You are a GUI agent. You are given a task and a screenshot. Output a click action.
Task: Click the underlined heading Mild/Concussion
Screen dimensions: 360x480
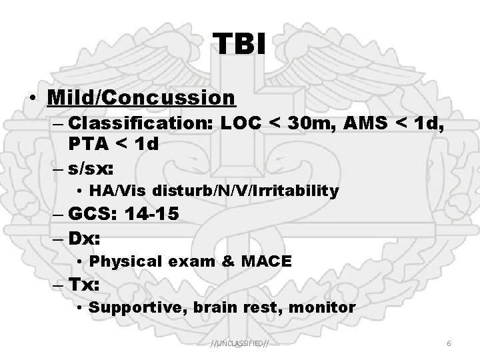[x=141, y=97]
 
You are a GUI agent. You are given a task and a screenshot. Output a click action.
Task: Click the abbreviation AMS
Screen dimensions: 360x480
[x=370, y=124]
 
